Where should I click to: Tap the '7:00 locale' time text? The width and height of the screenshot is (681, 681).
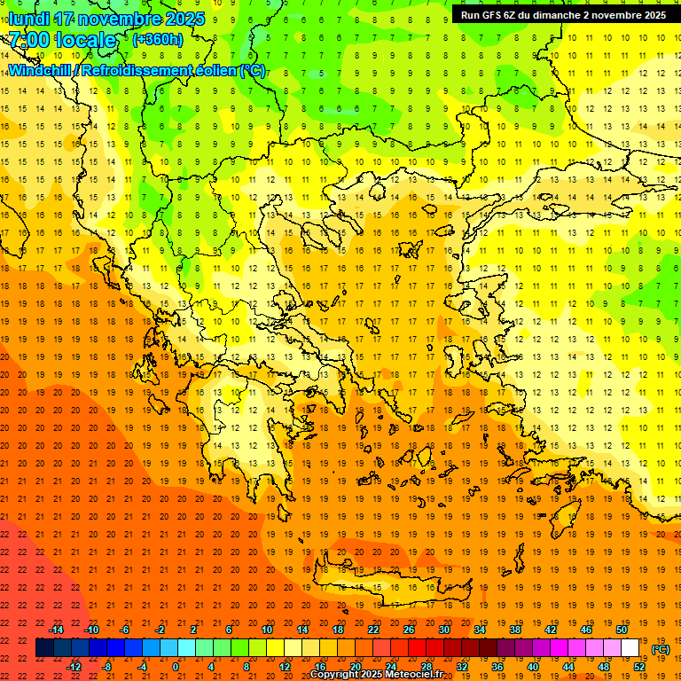(62, 40)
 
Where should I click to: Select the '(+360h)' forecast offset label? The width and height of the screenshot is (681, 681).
(157, 40)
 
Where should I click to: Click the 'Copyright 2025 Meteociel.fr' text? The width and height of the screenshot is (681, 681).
(376, 674)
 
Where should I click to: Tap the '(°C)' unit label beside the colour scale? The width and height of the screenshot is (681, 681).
(661, 649)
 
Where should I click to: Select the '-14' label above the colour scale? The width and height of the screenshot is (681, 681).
(56, 630)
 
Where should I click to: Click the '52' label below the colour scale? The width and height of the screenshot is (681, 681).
(639, 667)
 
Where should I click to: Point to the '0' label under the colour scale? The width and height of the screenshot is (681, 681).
(176, 667)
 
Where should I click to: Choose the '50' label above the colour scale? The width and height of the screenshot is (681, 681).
(622, 630)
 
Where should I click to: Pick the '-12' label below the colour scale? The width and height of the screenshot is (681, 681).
(74, 667)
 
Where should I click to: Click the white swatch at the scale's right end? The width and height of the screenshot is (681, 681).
(630, 648)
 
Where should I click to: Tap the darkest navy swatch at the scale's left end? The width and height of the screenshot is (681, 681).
(44, 648)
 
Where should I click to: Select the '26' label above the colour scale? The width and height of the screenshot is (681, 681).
(409, 630)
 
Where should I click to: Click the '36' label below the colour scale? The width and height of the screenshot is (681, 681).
(497, 667)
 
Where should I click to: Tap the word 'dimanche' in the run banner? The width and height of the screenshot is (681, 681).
(565, 15)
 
